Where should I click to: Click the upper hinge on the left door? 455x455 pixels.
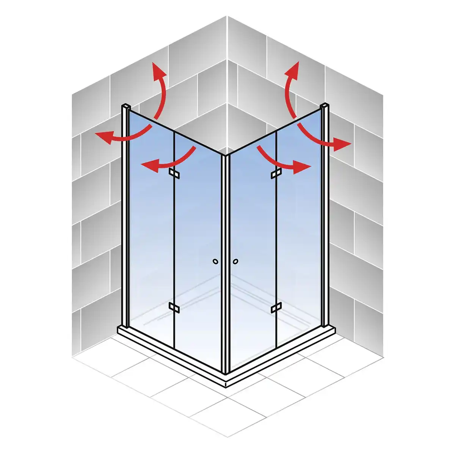pos(174,173)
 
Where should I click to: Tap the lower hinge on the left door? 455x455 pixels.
pos(174,308)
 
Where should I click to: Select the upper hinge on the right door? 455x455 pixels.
pos(276,174)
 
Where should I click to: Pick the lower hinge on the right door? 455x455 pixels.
pos(276,308)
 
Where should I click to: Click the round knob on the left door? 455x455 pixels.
pos(216,261)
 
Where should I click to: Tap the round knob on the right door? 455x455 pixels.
pos(236,261)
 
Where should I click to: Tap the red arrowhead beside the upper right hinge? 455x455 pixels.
pos(303,166)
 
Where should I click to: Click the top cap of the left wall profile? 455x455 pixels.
pos(126,106)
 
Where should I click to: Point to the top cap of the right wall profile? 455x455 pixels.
pos(325,105)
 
